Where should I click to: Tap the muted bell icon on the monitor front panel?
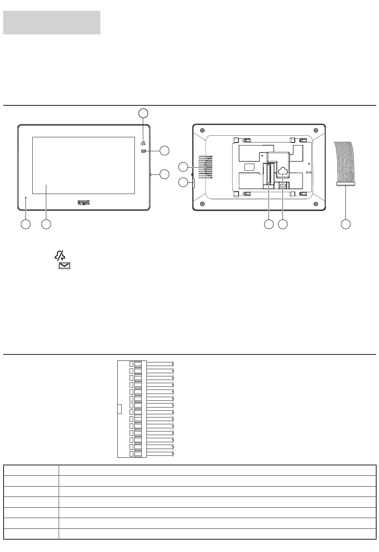click(x=143, y=143)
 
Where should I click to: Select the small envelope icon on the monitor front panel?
click(x=143, y=151)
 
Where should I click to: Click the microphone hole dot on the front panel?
click(x=26, y=198)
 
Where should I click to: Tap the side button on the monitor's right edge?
click(x=150, y=174)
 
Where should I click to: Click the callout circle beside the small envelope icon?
click(x=164, y=150)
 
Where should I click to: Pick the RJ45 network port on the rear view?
click(x=283, y=172)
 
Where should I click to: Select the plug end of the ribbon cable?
click(x=345, y=184)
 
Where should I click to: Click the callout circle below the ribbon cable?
click(x=346, y=224)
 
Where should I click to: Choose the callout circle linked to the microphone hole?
click(x=26, y=224)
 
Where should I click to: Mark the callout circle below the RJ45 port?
click(x=283, y=224)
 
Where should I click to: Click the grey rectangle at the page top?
click(x=51, y=22)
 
